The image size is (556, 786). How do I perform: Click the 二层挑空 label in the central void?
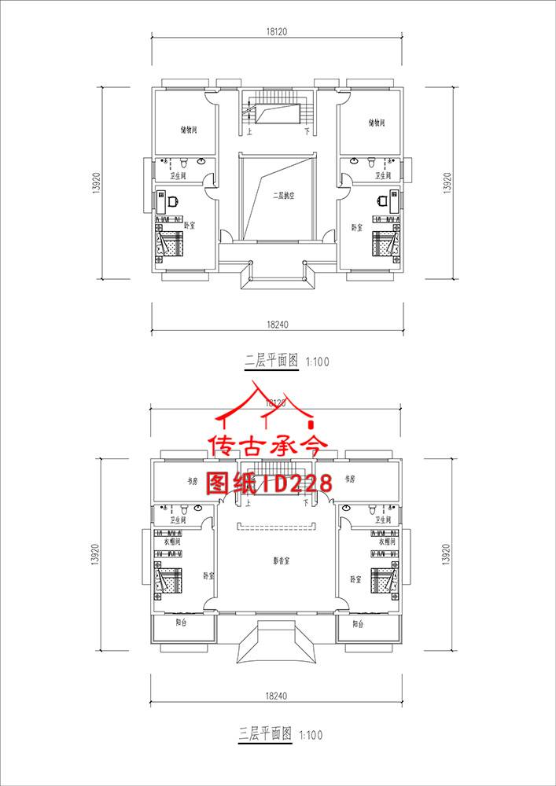pyautogui.click(x=282, y=196)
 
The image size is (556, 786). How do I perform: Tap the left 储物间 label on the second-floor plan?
pyautogui.click(x=188, y=130)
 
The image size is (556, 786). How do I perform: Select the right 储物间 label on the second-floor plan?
pyautogui.click(x=376, y=123)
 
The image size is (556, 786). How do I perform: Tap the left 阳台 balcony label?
pyautogui.click(x=182, y=623)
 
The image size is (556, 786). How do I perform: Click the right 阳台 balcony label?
pyautogui.click(x=359, y=623)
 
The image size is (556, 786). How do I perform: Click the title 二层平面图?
pyautogui.click(x=271, y=362)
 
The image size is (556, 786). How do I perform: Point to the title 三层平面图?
pyautogui.click(x=266, y=734)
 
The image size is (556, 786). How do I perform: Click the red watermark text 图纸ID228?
pyautogui.click(x=270, y=483)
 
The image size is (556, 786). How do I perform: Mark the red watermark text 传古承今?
pyautogui.click(x=266, y=447)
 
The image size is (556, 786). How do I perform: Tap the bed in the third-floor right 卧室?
pyautogui.click(x=385, y=581)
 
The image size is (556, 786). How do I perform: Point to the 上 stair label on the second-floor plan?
pyautogui.click(x=249, y=132)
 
